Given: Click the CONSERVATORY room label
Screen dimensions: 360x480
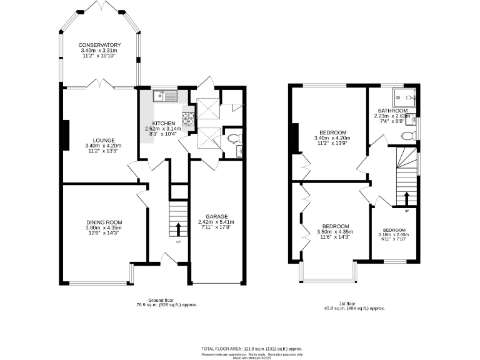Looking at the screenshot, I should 99,45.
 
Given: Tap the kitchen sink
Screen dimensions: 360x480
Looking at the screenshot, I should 166,96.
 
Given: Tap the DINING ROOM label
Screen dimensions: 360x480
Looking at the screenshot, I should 104,222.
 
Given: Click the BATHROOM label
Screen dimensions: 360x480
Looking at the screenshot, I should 392,111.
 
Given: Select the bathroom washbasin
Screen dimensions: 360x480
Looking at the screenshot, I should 412,119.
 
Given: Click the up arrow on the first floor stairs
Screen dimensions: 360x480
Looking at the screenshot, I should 407,199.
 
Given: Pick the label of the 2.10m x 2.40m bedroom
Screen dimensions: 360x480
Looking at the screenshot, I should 394,230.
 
